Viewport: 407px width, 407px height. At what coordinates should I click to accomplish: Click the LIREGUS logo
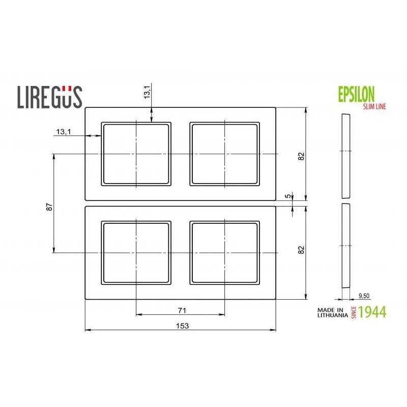coord(50,97)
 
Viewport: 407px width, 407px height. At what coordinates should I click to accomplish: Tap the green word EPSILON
coord(357,94)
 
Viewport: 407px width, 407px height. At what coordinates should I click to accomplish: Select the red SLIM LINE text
coord(374,106)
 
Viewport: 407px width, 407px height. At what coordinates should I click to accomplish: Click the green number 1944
coord(372,312)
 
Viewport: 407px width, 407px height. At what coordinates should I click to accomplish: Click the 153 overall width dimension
coord(182,326)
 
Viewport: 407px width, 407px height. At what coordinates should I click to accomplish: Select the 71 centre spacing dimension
coord(182,310)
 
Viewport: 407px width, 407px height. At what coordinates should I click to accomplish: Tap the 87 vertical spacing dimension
coord(49,207)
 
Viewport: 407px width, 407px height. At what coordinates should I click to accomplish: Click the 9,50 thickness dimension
coord(364,296)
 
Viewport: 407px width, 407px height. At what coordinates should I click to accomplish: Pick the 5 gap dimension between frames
coord(288,196)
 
